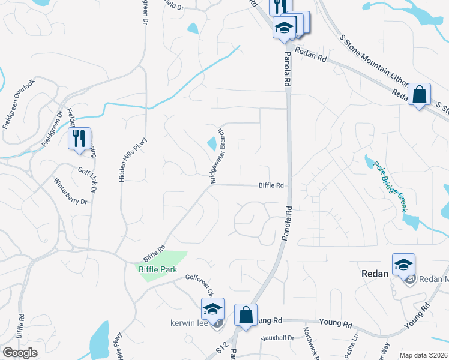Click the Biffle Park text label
158,270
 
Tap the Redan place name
376,273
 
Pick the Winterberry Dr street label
71,191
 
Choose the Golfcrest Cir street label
199,282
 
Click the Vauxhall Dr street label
277,338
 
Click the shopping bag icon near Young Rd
246,314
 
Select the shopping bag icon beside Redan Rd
419,94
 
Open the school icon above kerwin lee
212,309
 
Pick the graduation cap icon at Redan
403,264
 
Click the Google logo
20,353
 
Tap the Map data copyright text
423,355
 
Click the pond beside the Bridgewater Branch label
212,144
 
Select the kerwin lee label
190,323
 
